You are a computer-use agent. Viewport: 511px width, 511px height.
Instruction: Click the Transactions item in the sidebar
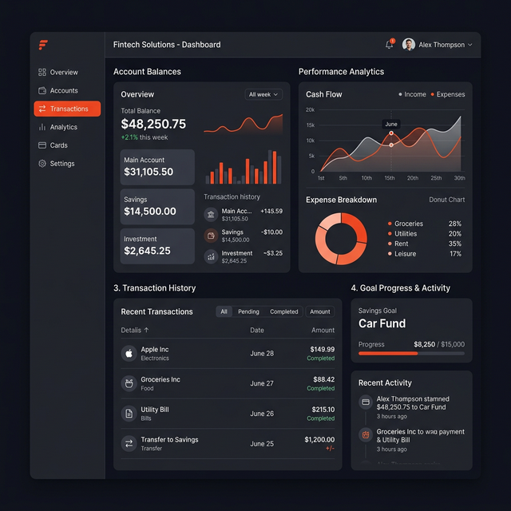67,109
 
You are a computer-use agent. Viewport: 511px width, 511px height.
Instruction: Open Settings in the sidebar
61,164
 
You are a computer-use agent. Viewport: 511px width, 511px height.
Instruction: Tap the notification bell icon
390,45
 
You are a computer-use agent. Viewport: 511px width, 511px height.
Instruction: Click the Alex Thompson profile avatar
409,45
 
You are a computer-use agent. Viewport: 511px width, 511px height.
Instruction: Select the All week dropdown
263,94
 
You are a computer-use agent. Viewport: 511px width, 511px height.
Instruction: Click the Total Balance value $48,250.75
153,124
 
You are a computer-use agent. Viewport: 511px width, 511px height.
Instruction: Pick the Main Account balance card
157,167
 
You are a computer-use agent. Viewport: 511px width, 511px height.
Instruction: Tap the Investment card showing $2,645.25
157,246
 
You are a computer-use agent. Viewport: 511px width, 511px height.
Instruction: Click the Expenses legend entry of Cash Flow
448,94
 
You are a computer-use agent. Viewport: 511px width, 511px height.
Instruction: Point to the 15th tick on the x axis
390,178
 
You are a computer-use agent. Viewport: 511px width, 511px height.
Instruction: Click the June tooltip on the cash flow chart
391,125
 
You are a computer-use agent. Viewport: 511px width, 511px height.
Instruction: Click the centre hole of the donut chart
341,238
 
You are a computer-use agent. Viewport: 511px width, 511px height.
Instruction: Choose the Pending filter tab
248,311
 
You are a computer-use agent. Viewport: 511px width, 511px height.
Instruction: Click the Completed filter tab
284,311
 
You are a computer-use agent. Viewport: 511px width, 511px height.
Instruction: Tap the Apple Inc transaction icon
128,353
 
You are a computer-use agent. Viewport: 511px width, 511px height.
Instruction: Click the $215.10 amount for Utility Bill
322,409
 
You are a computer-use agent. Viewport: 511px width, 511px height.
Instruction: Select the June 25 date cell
262,443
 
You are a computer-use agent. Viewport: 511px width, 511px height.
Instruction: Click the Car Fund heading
382,323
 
